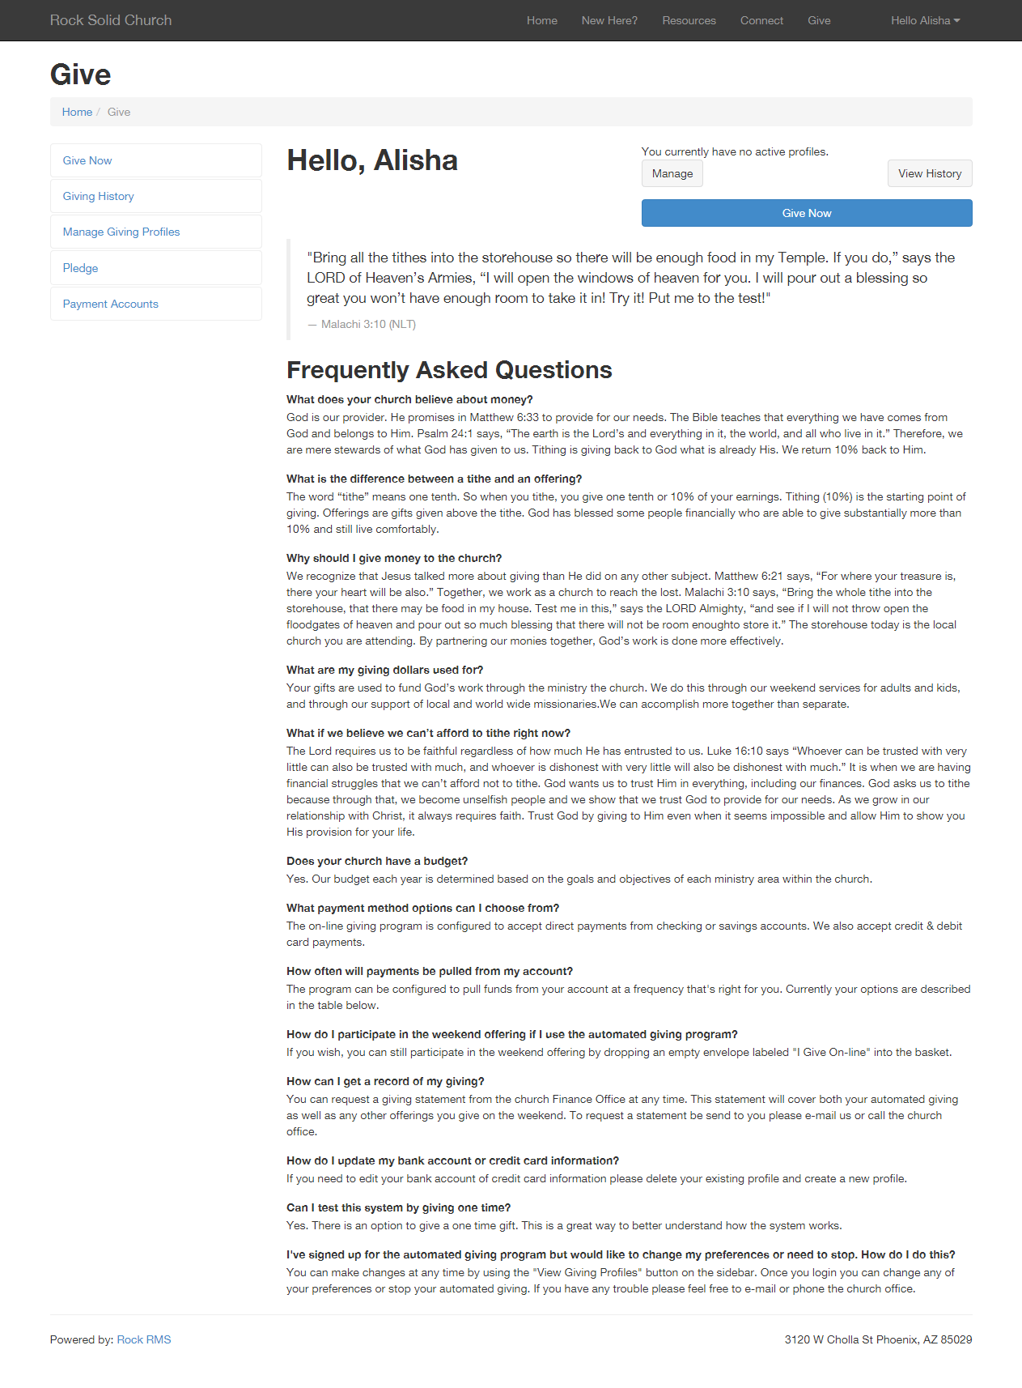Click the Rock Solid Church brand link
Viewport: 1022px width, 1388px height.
111,20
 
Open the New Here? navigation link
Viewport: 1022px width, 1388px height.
609,20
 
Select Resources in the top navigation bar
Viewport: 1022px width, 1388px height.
689,20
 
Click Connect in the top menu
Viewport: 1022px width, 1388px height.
761,20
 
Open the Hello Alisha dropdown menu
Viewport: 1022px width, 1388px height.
925,20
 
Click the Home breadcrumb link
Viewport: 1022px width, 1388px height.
77,112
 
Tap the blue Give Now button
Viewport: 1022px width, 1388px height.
807,213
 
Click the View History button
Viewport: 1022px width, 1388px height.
930,173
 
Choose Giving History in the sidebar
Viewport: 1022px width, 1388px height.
99,196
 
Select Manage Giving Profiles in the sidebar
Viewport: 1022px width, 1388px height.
121,232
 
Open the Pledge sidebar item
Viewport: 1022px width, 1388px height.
81,268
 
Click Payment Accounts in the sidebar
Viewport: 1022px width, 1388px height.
111,304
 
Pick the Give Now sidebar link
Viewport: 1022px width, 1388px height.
87,160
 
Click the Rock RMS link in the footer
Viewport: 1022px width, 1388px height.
144,1339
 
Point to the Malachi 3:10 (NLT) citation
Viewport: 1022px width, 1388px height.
368,324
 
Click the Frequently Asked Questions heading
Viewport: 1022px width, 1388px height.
449,370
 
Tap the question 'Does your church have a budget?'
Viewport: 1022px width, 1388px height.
377,861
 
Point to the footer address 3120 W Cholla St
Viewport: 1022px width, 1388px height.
878,1339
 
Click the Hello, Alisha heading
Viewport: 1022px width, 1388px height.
372,160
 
